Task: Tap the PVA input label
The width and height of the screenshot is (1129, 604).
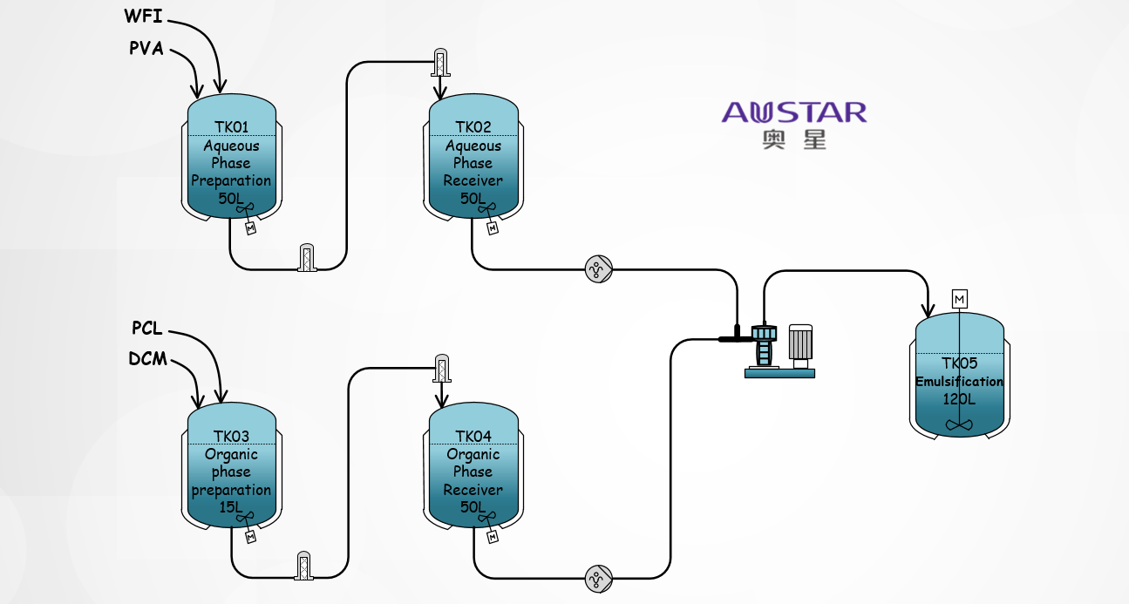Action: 146,49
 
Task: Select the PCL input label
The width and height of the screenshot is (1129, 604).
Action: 147,329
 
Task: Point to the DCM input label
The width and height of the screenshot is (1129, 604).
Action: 147,359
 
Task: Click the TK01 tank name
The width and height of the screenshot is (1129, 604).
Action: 231,127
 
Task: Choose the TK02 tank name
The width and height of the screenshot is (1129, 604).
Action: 473,127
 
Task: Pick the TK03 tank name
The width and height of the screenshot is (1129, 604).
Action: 231,437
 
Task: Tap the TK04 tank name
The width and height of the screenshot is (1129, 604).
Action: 473,437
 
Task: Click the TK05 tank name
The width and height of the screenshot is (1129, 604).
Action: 959,363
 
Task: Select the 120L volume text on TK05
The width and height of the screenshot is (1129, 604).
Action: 959,399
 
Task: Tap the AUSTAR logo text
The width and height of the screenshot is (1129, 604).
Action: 794,112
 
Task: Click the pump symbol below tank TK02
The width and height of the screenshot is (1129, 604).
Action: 598,269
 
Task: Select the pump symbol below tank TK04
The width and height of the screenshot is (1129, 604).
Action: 598,578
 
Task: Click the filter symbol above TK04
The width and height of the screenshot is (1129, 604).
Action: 441,369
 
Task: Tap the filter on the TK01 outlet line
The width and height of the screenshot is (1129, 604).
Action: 307,258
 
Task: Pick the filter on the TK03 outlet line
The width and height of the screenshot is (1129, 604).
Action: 304,565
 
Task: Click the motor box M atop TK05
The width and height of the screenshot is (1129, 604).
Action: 960,299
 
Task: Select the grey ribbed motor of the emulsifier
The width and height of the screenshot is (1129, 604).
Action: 800,343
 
